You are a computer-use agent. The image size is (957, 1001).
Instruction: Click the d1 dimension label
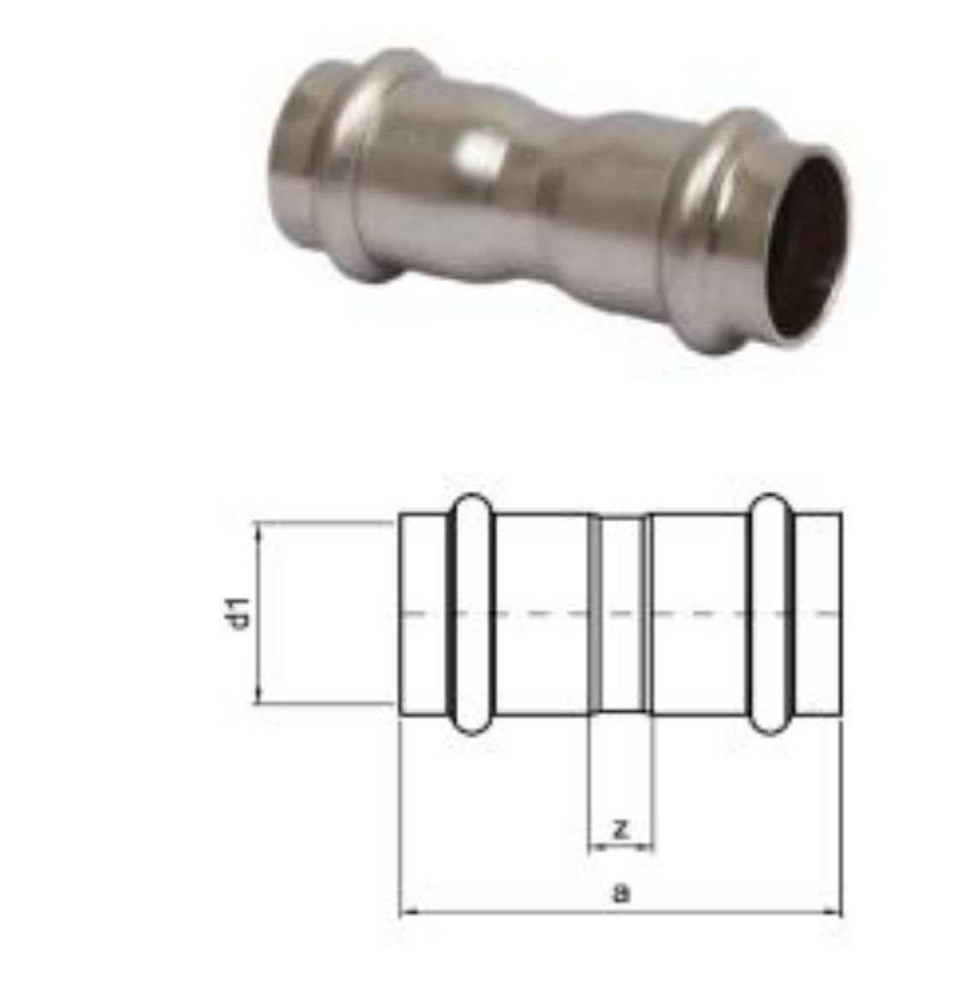(242, 613)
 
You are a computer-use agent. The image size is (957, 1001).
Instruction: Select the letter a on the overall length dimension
(621, 893)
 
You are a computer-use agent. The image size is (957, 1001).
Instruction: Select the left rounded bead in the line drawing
(472, 613)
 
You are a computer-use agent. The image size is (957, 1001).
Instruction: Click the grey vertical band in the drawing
(594, 613)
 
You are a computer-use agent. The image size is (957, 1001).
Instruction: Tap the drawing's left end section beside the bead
(422, 613)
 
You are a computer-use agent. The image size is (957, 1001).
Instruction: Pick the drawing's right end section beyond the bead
(818, 613)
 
